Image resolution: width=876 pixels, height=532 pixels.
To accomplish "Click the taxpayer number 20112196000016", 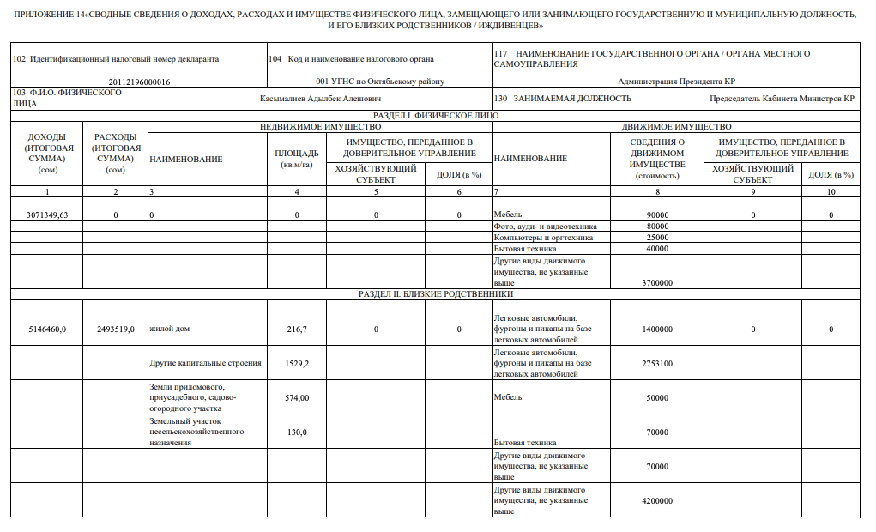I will pyautogui.click(x=139, y=82).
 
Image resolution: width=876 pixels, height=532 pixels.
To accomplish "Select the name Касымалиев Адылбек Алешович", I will pyautogui.click(x=320, y=99).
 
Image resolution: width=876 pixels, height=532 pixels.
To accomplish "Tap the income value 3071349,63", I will pyautogui.click(x=48, y=215).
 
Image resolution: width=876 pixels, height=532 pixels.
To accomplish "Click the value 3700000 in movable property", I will pyautogui.click(x=656, y=282).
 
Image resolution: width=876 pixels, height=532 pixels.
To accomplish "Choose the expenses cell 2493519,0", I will pyautogui.click(x=115, y=329).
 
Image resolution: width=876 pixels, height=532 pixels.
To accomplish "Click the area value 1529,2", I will pyautogui.click(x=297, y=364).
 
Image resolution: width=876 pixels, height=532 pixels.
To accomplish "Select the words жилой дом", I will pyautogui.click(x=170, y=329).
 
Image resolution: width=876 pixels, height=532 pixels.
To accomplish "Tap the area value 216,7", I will pyautogui.click(x=297, y=329).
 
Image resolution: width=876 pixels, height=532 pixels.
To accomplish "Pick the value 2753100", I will pyautogui.click(x=656, y=364).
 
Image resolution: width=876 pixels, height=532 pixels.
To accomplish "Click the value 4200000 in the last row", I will pyautogui.click(x=656, y=501).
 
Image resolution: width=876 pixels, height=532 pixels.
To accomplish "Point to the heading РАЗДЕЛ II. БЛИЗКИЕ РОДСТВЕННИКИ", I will pyautogui.click(x=436, y=294).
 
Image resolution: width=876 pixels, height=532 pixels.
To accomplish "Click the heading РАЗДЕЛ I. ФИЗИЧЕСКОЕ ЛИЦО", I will pyautogui.click(x=436, y=115).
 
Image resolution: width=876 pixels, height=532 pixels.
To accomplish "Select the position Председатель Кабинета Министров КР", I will pyautogui.click(x=782, y=99).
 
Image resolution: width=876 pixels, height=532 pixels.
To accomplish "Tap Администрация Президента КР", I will pyautogui.click(x=675, y=82).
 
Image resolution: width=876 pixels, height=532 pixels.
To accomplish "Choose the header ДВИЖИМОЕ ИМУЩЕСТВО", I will pyautogui.click(x=675, y=126).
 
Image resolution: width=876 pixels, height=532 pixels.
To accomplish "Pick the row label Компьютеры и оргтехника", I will pyautogui.click(x=543, y=238).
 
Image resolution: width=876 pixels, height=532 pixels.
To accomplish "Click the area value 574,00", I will pyautogui.click(x=297, y=398).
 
